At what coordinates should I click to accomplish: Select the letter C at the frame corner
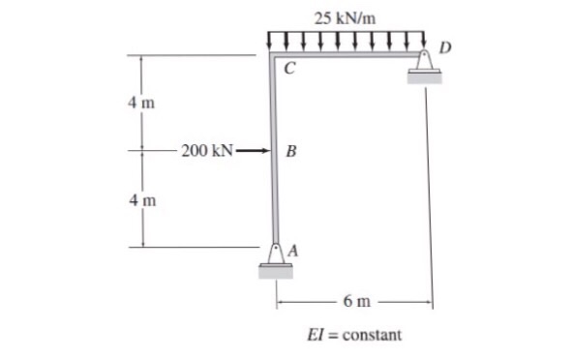[x=289, y=69]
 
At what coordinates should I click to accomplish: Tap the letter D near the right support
[x=444, y=45]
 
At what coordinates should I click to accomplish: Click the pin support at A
[x=276, y=254]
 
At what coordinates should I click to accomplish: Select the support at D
[x=424, y=63]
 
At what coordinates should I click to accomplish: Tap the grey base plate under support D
[x=424, y=77]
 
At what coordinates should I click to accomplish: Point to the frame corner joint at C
[x=272, y=59]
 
